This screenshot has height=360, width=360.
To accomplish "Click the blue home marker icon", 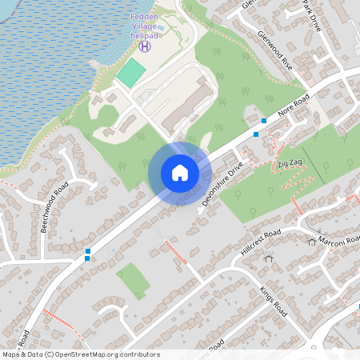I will (180, 173).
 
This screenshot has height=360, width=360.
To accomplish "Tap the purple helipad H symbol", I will (145, 46).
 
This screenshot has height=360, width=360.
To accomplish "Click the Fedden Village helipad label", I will (144, 26).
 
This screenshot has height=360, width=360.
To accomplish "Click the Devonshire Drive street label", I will (223, 183).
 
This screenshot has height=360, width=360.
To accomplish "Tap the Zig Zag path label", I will (290, 163).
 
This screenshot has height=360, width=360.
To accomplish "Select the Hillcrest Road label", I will (261, 241).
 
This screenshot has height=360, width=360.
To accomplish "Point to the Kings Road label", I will (273, 301).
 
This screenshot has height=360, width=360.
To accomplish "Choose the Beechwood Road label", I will (56, 207).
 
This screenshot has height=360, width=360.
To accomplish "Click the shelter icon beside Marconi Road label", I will (311, 242).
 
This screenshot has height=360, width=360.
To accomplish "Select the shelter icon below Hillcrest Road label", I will (268, 258).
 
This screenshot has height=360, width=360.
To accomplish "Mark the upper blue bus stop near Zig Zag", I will (264, 121).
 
